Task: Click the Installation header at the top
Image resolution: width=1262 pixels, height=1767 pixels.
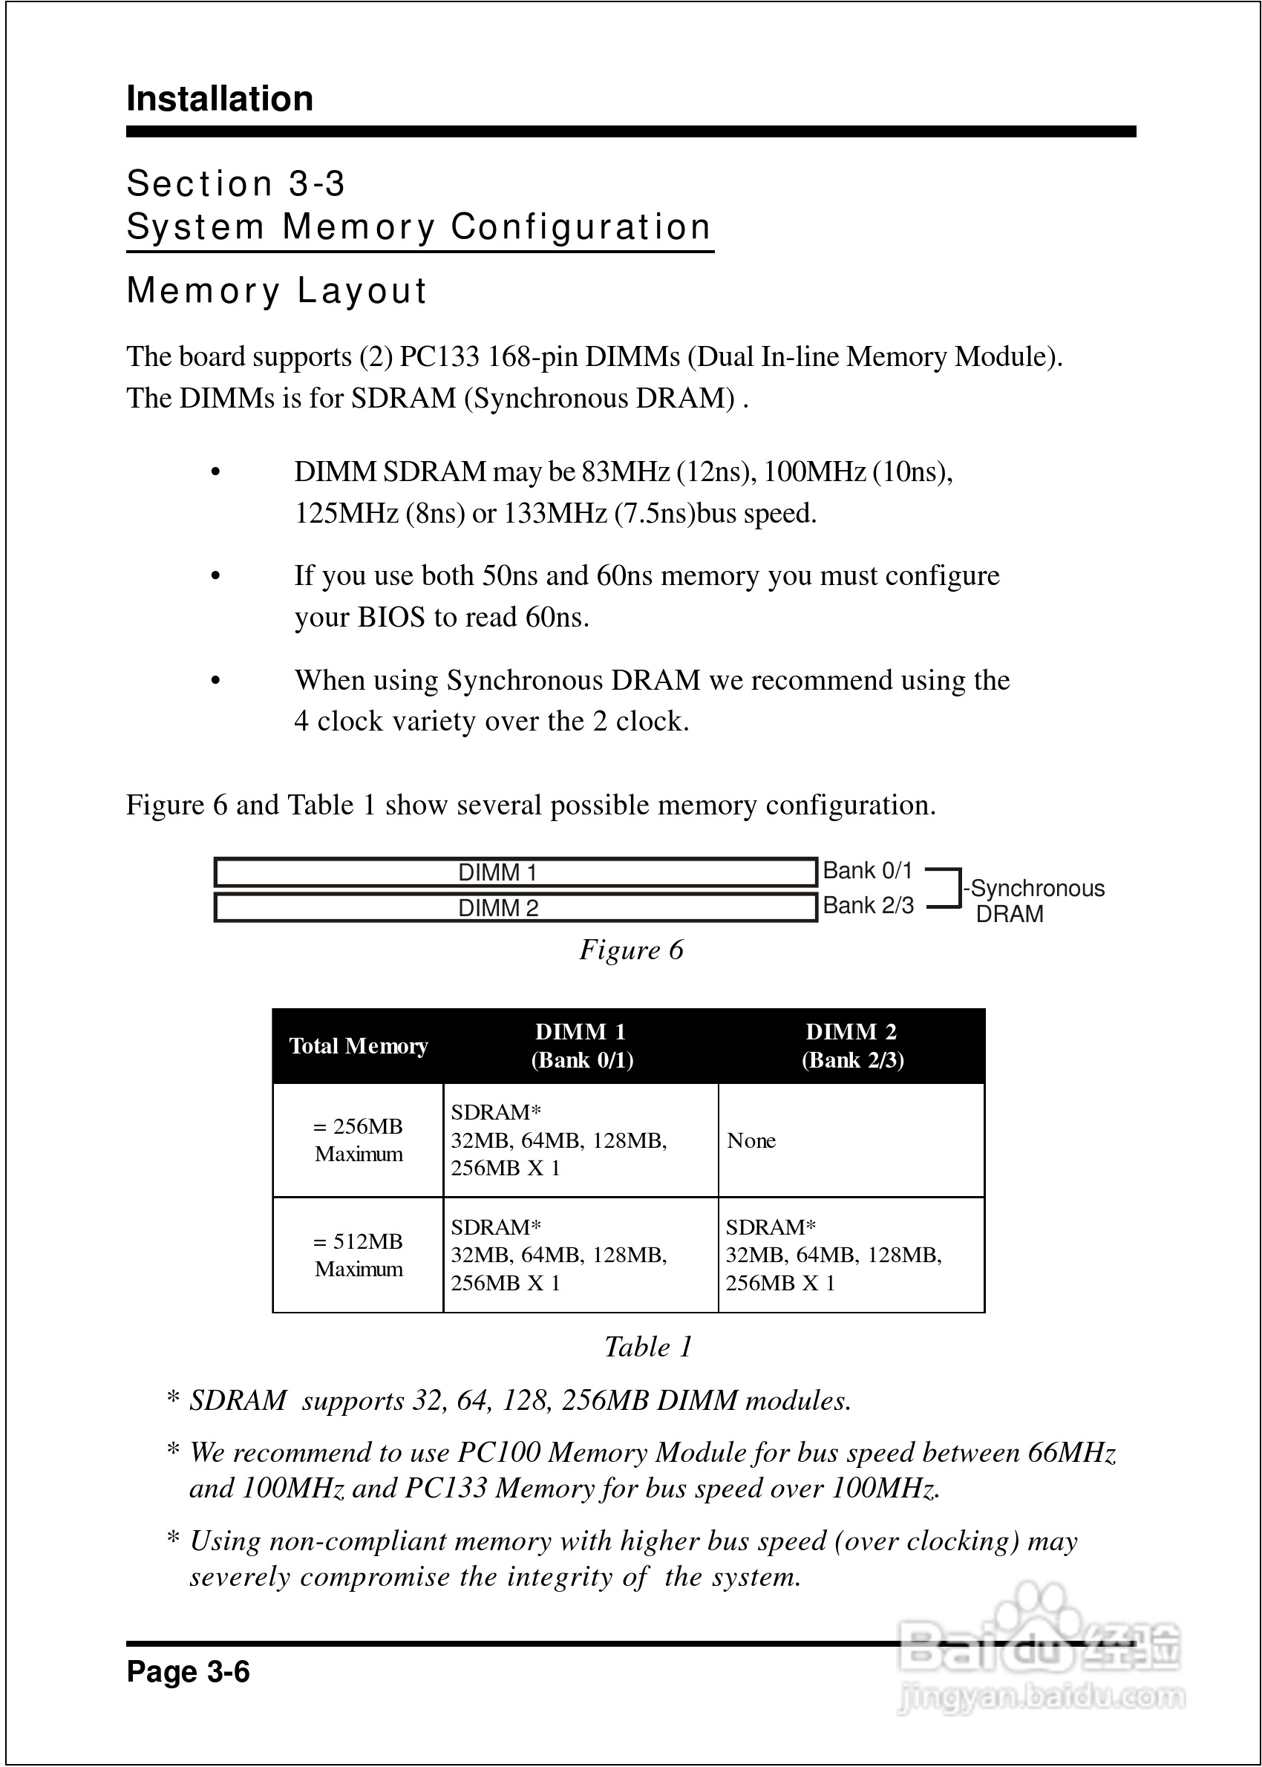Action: (x=220, y=99)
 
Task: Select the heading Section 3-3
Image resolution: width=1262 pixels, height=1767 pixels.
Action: (x=235, y=184)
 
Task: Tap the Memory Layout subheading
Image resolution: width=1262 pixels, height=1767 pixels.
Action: (x=277, y=291)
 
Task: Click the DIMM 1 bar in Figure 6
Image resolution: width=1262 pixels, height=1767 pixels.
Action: (x=514, y=872)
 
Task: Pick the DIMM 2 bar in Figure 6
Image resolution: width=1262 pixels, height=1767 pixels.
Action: (x=514, y=907)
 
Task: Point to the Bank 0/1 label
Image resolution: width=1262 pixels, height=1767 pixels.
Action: (x=867, y=870)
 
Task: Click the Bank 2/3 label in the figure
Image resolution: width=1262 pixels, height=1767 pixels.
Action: (x=868, y=905)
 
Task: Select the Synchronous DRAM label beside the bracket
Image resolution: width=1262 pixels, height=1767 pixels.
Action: (x=1034, y=901)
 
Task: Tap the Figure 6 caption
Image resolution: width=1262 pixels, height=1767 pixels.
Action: (x=631, y=950)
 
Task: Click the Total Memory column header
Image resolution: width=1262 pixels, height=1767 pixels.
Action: (x=359, y=1046)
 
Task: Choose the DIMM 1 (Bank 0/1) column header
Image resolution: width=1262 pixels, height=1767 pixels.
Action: (x=581, y=1046)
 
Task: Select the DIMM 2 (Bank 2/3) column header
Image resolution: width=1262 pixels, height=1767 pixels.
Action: (x=851, y=1046)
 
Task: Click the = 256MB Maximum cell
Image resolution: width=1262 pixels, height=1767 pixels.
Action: (x=359, y=1140)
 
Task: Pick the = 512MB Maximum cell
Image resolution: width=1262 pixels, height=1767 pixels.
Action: (x=359, y=1255)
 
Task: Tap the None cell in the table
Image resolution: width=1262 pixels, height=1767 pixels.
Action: (x=751, y=1140)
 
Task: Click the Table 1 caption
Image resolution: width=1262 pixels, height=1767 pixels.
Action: (x=648, y=1347)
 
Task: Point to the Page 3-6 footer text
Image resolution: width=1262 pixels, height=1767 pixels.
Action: (x=188, y=1671)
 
